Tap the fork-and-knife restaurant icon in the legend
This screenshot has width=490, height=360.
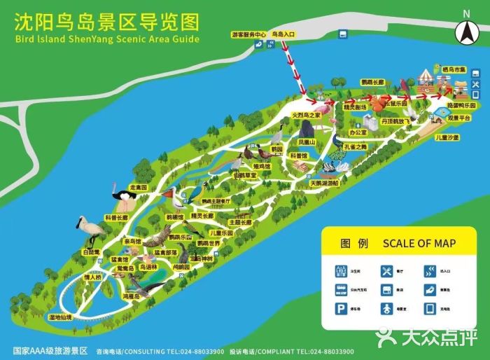(385, 270)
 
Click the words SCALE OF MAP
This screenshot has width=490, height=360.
(419, 244)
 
